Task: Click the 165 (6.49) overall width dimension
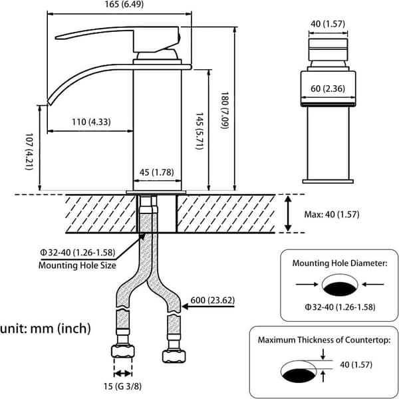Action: click(x=124, y=5)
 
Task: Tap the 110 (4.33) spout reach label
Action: click(x=91, y=122)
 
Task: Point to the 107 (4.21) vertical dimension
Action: click(x=29, y=152)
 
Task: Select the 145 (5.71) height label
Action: click(x=199, y=131)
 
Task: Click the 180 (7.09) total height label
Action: click(x=225, y=110)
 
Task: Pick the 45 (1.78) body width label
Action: click(x=157, y=172)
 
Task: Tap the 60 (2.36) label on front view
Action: click(x=328, y=88)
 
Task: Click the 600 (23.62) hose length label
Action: click(x=213, y=301)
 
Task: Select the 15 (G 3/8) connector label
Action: click(x=122, y=386)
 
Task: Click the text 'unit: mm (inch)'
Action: click(x=45, y=329)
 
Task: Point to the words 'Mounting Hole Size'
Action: click(x=77, y=265)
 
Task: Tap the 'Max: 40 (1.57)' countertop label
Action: click(x=332, y=215)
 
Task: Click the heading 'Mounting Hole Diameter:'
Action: click(x=340, y=263)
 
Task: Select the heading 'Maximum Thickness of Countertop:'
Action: click(x=325, y=340)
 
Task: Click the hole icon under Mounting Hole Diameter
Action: click(x=340, y=285)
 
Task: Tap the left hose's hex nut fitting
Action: click(x=122, y=351)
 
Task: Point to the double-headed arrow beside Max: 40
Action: click(x=288, y=213)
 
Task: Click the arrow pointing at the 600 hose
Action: click(x=208, y=307)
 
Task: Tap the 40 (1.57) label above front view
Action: click(x=328, y=24)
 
